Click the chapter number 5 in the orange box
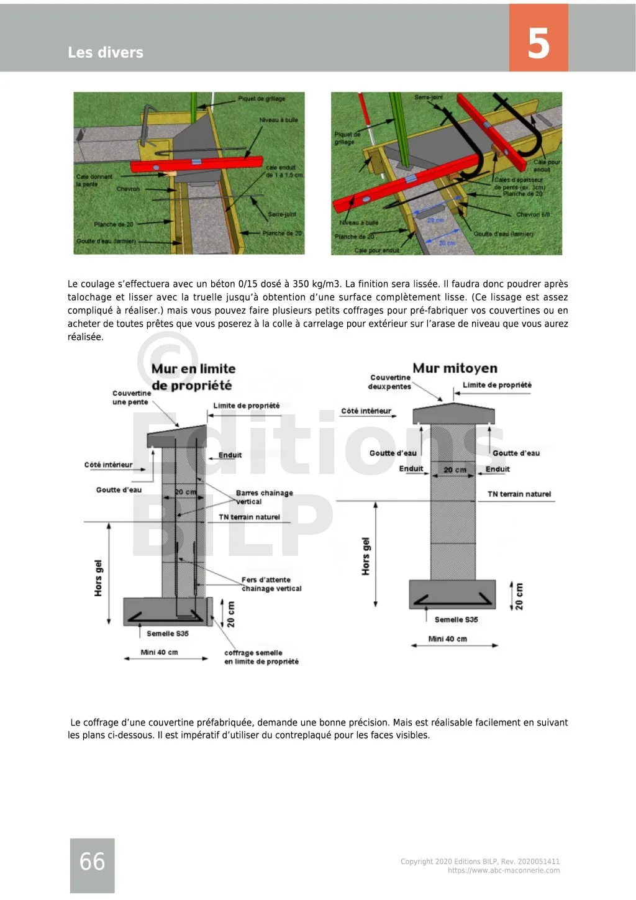538,43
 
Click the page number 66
92,861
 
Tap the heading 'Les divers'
106,52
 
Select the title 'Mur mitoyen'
455,368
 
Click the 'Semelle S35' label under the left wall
168,634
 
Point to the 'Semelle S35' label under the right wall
456,619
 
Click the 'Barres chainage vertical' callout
264,497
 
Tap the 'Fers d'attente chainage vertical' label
271,584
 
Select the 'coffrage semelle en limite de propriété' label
261,657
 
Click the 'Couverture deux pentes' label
389,382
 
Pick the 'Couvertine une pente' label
131,398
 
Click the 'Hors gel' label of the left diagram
98,578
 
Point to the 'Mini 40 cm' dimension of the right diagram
447,639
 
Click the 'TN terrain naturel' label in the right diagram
519,494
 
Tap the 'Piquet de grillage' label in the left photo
261,99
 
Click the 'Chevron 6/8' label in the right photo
533,214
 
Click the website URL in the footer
503,870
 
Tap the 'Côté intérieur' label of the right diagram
366,411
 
